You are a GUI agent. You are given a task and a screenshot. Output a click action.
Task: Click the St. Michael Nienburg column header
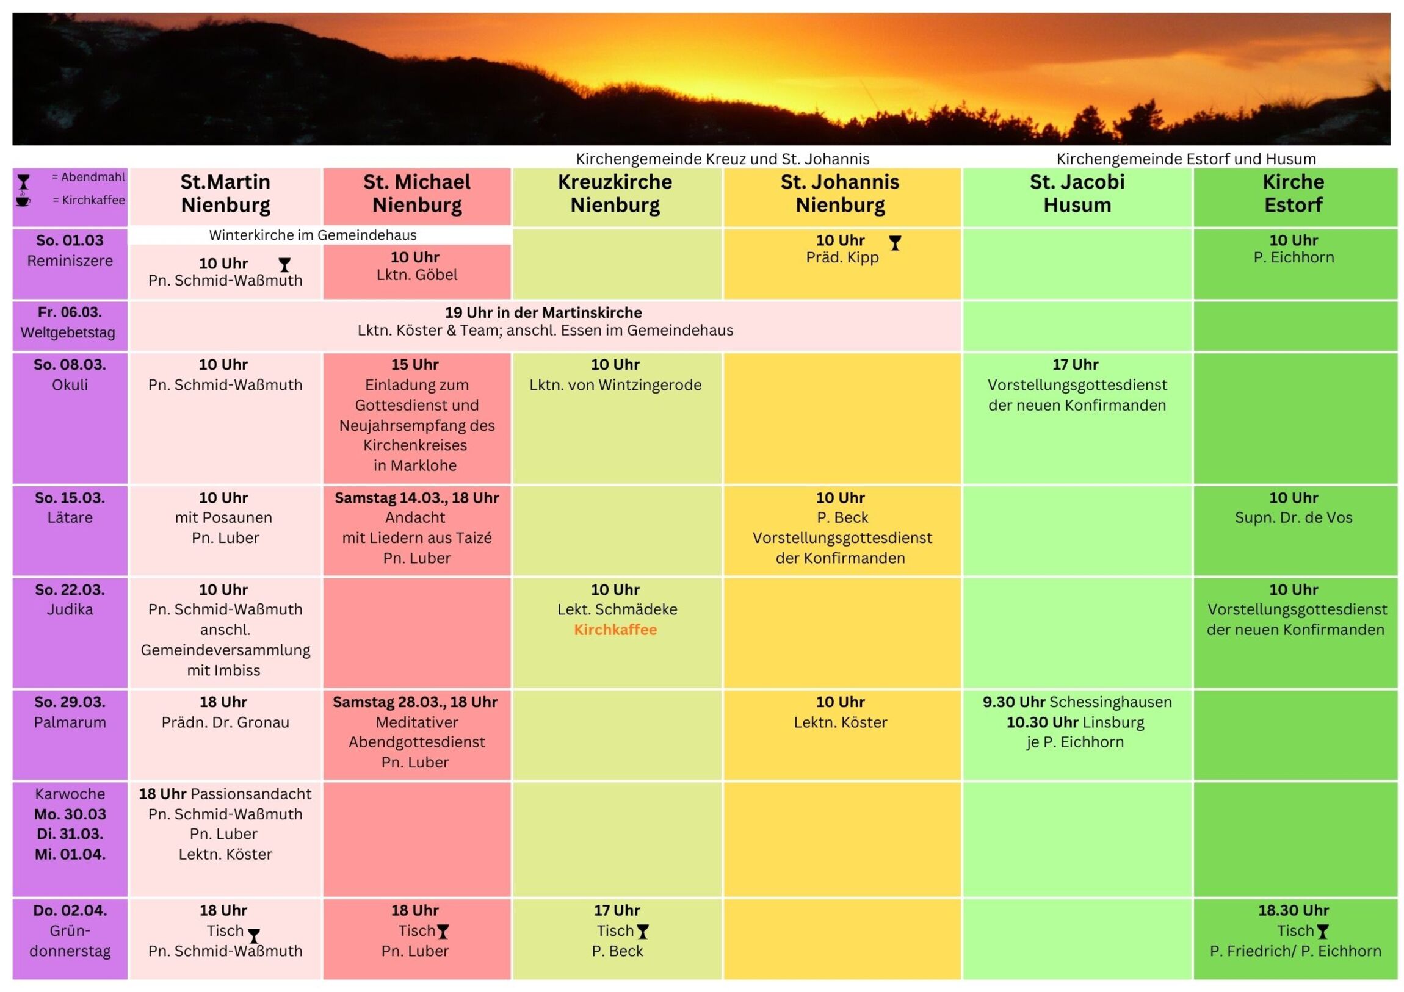pos(416,193)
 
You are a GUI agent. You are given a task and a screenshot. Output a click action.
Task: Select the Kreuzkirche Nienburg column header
pos(615,193)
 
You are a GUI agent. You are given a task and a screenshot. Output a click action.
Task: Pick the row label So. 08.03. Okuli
pos(70,374)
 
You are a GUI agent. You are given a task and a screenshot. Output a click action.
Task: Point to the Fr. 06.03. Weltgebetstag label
pos(68,322)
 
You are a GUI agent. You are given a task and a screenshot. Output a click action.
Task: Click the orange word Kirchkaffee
pos(615,630)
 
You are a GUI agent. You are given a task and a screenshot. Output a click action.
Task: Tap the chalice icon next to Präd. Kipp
pos(895,243)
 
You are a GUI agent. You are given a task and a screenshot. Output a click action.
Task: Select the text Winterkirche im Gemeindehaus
pos(313,235)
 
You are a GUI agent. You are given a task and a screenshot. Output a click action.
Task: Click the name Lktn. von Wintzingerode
pos(615,385)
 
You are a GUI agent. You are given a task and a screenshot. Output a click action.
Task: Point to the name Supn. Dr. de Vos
pos(1294,518)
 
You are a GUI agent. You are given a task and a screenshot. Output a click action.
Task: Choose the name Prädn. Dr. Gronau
pos(225,722)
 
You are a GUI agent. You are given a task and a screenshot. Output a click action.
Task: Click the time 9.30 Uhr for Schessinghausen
pos(1014,702)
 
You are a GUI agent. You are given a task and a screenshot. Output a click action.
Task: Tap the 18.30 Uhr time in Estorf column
pos(1294,910)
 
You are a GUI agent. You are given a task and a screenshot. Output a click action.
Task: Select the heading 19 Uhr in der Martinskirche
pos(543,313)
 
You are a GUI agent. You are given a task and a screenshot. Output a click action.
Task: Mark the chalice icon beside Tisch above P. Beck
pos(643,932)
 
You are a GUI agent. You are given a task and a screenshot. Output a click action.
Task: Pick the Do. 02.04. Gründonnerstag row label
pos(70,930)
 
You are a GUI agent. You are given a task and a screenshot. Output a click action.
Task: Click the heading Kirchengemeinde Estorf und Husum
pos(1185,159)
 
